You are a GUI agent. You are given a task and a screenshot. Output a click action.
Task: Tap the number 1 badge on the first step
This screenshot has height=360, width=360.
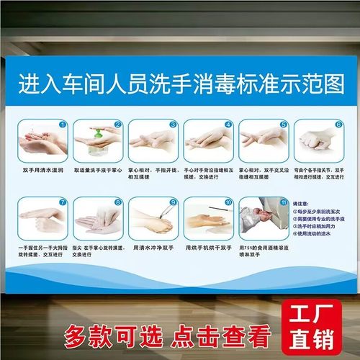click(x=63, y=124)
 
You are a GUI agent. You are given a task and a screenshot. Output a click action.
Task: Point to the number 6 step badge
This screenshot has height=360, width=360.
click(x=338, y=124)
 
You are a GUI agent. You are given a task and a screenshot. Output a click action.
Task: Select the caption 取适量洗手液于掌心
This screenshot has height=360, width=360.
click(x=99, y=170)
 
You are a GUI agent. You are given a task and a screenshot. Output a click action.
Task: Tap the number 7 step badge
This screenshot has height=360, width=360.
click(x=63, y=203)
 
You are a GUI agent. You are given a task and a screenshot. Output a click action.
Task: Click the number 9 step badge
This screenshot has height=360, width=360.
click(x=173, y=203)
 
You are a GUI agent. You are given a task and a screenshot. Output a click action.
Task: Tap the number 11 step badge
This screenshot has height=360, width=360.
click(x=284, y=203)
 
